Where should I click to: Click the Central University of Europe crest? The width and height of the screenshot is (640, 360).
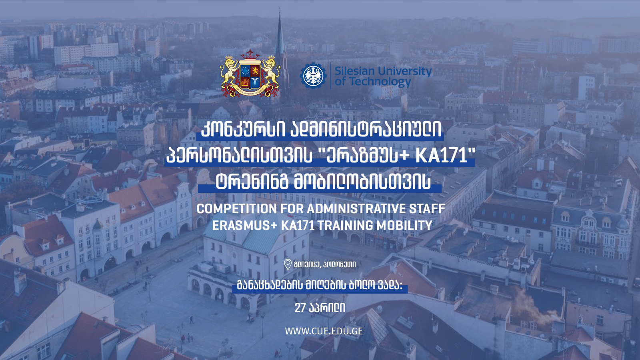[250, 74]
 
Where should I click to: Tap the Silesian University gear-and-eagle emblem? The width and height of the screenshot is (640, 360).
[314, 76]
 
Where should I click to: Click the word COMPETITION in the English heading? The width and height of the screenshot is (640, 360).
[236, 209]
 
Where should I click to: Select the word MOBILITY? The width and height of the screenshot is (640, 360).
[404, 226]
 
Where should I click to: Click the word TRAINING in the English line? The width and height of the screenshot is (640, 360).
[345, 226]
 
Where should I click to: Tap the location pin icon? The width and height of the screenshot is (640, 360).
[288, 264]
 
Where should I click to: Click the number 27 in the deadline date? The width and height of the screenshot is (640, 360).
[300, 308]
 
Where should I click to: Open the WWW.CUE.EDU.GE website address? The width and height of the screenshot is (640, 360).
[324, 331]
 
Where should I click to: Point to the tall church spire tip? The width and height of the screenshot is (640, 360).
[280, 8]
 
